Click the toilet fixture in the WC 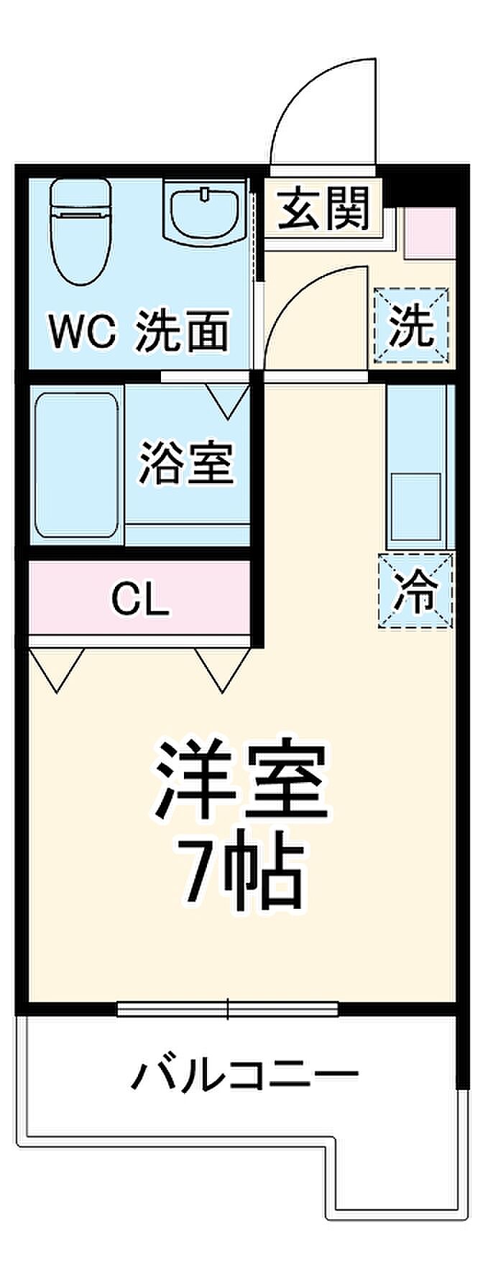79,232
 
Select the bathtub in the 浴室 76,464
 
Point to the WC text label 82,333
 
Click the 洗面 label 183,331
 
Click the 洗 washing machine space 412,326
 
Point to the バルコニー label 244,1076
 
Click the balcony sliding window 228,1009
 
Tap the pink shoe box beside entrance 429,232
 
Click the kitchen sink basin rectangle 415,506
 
